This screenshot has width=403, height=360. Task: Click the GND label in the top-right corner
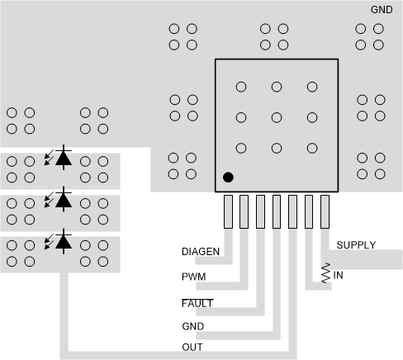[x=382, y=10]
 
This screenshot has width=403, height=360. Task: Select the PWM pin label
[x=193, y=277]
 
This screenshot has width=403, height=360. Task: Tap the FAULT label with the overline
[x=197, y=303]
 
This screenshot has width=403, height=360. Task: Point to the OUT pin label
[x=192, y=347]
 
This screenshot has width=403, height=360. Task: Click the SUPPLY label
[x=356, y=245]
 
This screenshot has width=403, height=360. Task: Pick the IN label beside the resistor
[x=339, y=275]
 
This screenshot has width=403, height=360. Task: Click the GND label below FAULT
[x=192, y=326]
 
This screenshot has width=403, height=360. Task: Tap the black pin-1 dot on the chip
[x=228, y=177]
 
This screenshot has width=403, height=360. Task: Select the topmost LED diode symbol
[x=62, y=158]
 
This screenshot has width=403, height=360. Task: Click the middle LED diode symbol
[x=62, y=199]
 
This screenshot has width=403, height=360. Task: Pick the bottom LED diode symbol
[x=62, y=241]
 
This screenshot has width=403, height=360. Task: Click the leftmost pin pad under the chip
[x=228, y=211]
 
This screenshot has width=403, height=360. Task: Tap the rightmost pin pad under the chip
[x=325, y=211]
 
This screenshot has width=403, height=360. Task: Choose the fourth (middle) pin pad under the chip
[x=277, y=211]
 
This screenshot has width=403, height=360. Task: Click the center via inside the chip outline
[x=277, y=117]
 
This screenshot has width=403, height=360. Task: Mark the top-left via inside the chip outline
[x=241, y=87]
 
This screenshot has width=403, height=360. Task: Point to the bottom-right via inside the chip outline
[x=312, y=148]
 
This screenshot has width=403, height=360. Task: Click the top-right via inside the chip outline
[x=312, y=87]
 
